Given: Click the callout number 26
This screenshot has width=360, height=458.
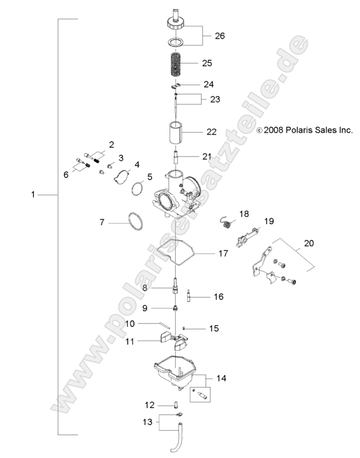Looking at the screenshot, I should tap(219, 36).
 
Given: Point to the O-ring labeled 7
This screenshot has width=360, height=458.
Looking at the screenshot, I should tap(134, 222).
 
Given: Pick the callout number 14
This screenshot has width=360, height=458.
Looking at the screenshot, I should tap(221, 377).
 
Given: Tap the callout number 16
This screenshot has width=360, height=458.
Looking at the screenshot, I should tap(218, 296).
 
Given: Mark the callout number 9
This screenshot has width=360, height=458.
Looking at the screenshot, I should tap(145, 308).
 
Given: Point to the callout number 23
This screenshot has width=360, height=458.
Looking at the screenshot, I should tap(214, 99).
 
